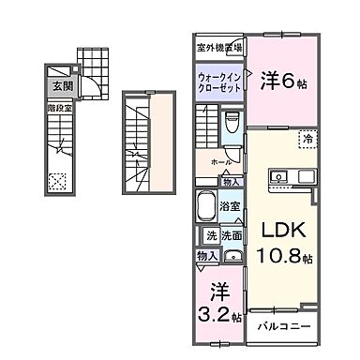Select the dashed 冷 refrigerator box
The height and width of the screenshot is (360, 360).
(x=306, y=140)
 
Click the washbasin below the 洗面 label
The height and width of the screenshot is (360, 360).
(x=232, y=256)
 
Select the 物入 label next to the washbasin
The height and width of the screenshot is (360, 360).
(x=207, y=255)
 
